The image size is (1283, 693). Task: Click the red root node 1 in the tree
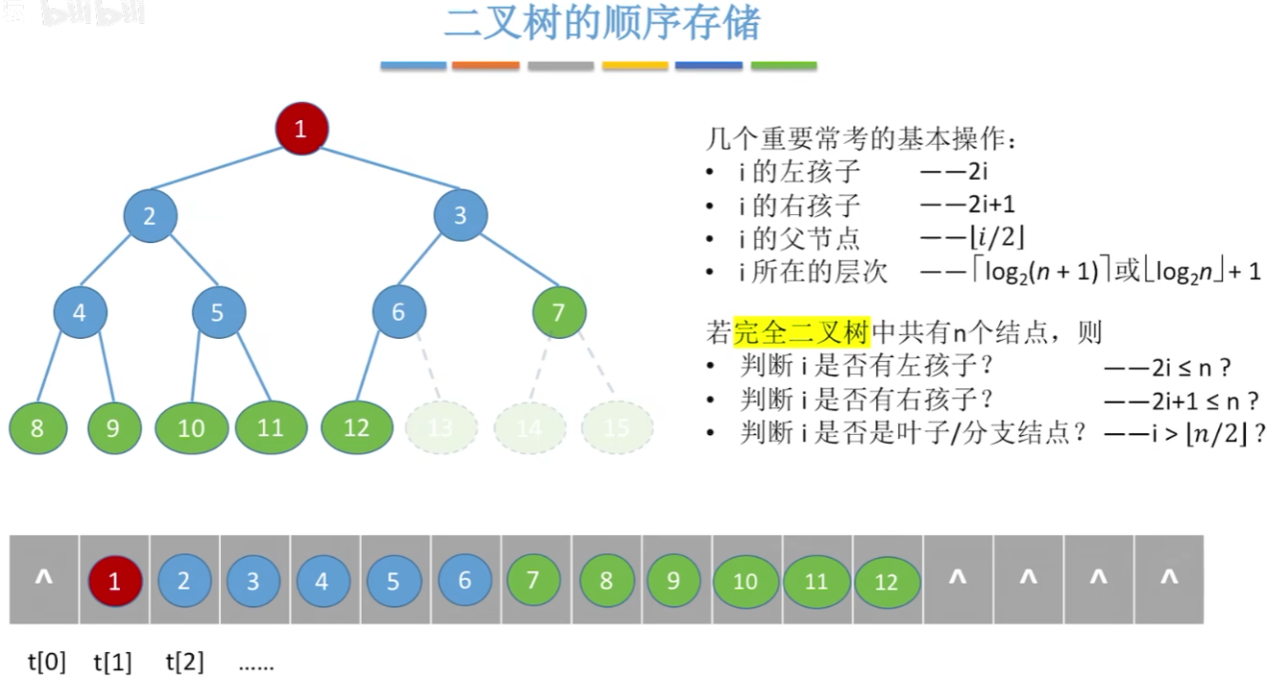pos(302,129)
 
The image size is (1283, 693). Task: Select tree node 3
pos(460,215)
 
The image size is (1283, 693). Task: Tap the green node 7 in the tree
pos(559,311)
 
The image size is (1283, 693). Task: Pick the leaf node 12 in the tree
pos(356,427)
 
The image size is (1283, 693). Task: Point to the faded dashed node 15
pos(617,428)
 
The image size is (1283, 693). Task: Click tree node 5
pos(218,312)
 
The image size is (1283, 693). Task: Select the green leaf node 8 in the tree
pos(37,428)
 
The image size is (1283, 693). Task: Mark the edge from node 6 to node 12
pos(377,369)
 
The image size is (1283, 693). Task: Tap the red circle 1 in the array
pos(114,580)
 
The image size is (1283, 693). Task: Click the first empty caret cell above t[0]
pos(44,578)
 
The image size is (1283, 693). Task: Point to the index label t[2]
pos(185,662)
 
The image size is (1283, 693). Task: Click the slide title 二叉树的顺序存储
pos(602,24)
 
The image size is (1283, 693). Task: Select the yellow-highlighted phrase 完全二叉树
pos(801,333)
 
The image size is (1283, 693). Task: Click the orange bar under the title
pos(486,66)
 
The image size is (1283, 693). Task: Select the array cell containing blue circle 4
pos(322,581)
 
